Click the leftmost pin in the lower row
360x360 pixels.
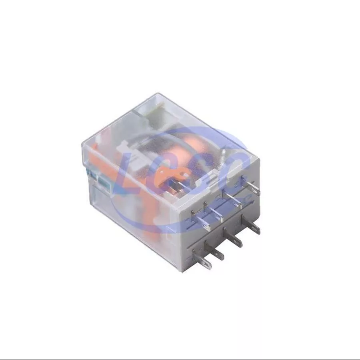point(202,259)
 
